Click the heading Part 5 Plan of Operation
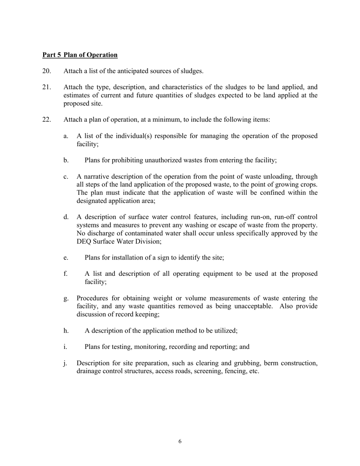point(80,55)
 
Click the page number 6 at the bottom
point(180,441)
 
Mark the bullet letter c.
point(66,177)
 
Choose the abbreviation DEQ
point(85,241)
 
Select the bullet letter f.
point(66,274)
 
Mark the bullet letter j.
point(66,363)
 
